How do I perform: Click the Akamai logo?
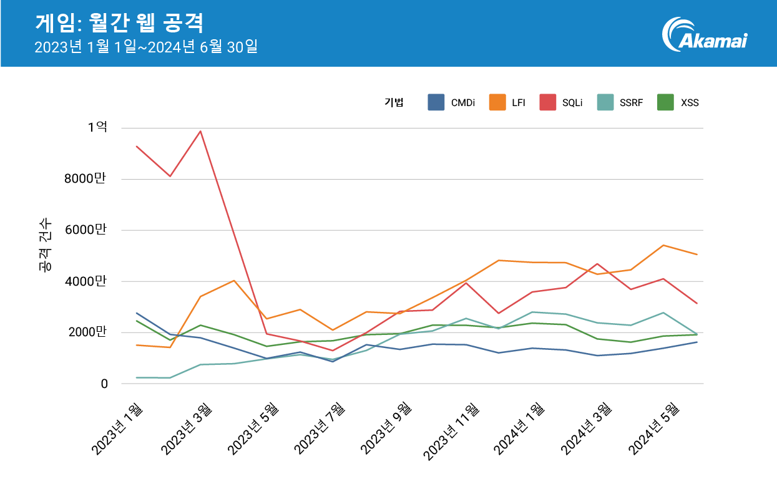[705, 34]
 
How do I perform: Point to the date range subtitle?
[146, 47]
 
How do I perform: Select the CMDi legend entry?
[451, 103]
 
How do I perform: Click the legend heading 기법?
[394, 103]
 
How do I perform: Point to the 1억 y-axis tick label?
[97, 127]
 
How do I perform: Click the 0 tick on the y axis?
[104, 384]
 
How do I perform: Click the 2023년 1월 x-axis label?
[117, 430]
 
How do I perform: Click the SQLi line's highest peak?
[200, 131]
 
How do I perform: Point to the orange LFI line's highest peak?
[663, 245]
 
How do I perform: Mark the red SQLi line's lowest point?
[333, 351]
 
